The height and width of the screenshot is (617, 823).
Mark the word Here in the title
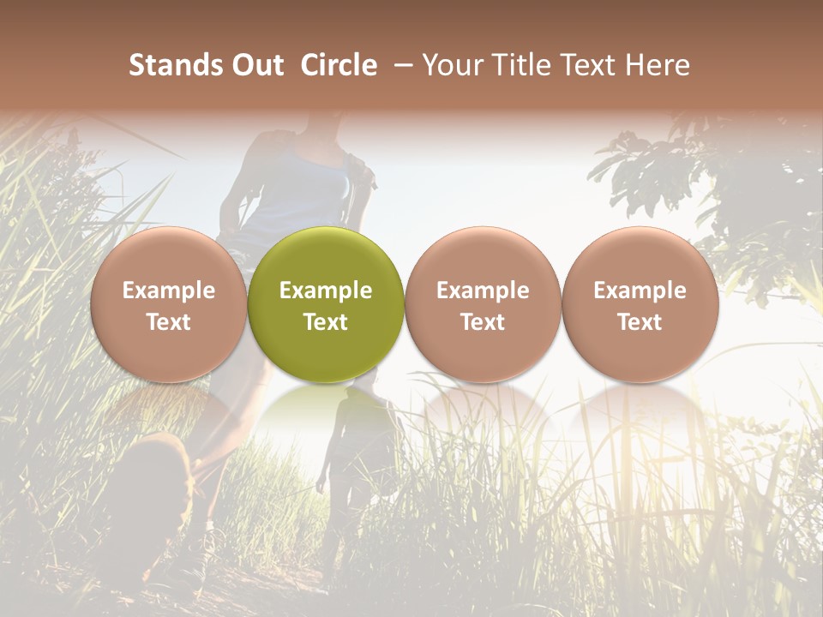[658, 65]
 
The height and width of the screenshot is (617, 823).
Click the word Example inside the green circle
[326, 291]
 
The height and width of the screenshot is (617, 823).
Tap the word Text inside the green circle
[326, 322]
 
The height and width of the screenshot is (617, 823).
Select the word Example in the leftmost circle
[169, 291]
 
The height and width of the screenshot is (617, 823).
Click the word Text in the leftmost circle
[169, 322]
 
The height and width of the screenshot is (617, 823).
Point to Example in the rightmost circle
[640, 291]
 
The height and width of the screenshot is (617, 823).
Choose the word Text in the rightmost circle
[640, 322]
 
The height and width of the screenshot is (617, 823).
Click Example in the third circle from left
[483, 291]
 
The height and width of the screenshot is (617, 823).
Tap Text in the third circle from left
[483, 322]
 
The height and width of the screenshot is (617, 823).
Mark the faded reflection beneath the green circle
[326, 411]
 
